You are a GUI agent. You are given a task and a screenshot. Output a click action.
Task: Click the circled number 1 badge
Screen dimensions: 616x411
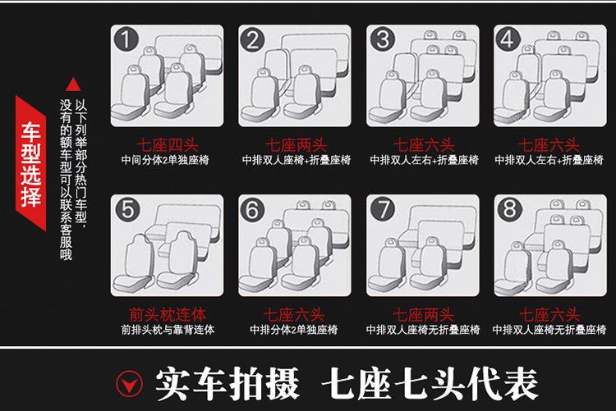point(126,39)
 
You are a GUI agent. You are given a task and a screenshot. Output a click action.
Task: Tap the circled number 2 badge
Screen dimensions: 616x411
point(254,39)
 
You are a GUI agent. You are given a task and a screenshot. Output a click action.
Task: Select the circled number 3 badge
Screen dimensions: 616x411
point(383,39)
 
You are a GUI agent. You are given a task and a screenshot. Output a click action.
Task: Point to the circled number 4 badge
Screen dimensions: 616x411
point(508,39)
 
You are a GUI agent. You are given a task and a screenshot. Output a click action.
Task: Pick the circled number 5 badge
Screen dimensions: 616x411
point(127,210)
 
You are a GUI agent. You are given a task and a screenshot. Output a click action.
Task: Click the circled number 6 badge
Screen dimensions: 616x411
point(253,210)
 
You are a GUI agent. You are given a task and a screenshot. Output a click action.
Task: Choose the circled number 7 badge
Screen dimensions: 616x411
point(383,210)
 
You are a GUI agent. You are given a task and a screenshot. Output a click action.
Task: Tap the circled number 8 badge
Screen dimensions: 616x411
point(509,208)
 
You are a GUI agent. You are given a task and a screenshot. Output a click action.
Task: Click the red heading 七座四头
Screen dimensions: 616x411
point(168,145)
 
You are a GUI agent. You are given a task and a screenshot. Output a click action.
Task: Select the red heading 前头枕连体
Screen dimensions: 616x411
point(168,314)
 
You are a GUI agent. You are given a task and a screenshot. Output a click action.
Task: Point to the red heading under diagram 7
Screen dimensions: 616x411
point(423,315)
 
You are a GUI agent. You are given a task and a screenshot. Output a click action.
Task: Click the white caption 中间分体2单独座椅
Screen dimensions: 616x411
point(165,160)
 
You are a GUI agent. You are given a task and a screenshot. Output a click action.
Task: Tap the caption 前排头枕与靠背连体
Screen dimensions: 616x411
point(168,329)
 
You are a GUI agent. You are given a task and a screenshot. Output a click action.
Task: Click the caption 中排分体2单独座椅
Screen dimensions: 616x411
point(294,329)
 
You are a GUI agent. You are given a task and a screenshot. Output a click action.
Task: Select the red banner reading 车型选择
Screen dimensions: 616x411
point(30,163)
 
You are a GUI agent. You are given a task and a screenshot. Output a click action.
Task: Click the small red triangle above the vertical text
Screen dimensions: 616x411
point(73,84)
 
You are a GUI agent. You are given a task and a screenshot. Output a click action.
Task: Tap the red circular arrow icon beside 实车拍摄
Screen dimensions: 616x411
point(129,383)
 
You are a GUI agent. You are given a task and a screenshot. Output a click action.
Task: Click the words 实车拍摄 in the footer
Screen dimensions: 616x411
point(228,384)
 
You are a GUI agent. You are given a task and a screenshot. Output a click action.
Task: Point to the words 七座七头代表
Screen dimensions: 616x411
point(430,384)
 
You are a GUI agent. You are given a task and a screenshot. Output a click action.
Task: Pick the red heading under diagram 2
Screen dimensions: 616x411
point(296,145)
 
